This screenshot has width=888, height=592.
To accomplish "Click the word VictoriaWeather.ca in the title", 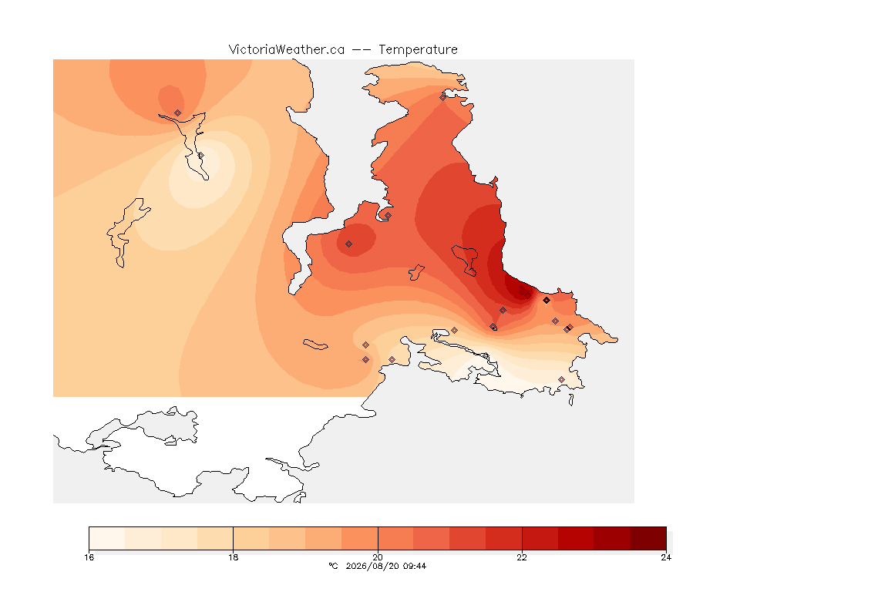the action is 287,50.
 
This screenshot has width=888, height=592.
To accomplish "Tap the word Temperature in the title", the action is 418,50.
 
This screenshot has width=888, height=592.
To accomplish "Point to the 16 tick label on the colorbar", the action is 89,557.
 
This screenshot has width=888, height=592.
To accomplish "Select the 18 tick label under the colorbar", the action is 234,557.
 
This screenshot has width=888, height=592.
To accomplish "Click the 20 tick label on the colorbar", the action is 378,557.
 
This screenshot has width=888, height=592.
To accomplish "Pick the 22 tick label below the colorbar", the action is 522,557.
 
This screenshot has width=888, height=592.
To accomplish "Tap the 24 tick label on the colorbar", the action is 666,557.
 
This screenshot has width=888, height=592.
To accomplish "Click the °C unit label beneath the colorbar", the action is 333,566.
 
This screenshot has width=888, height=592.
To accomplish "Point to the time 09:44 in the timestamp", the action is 415,566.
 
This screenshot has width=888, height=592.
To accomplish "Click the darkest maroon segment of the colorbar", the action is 647,538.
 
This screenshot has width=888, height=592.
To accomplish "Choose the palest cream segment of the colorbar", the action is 107,538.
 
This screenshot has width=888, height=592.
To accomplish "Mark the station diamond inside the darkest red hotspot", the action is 528,296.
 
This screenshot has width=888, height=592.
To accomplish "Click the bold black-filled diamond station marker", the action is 547,301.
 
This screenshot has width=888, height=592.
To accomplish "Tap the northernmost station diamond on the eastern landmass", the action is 443,97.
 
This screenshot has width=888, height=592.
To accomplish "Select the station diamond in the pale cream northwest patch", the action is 200,155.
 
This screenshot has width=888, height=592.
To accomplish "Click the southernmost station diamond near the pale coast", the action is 561,379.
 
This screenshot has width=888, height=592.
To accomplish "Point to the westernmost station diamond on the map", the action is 178,113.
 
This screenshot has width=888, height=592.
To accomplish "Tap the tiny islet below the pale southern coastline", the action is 571,400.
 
